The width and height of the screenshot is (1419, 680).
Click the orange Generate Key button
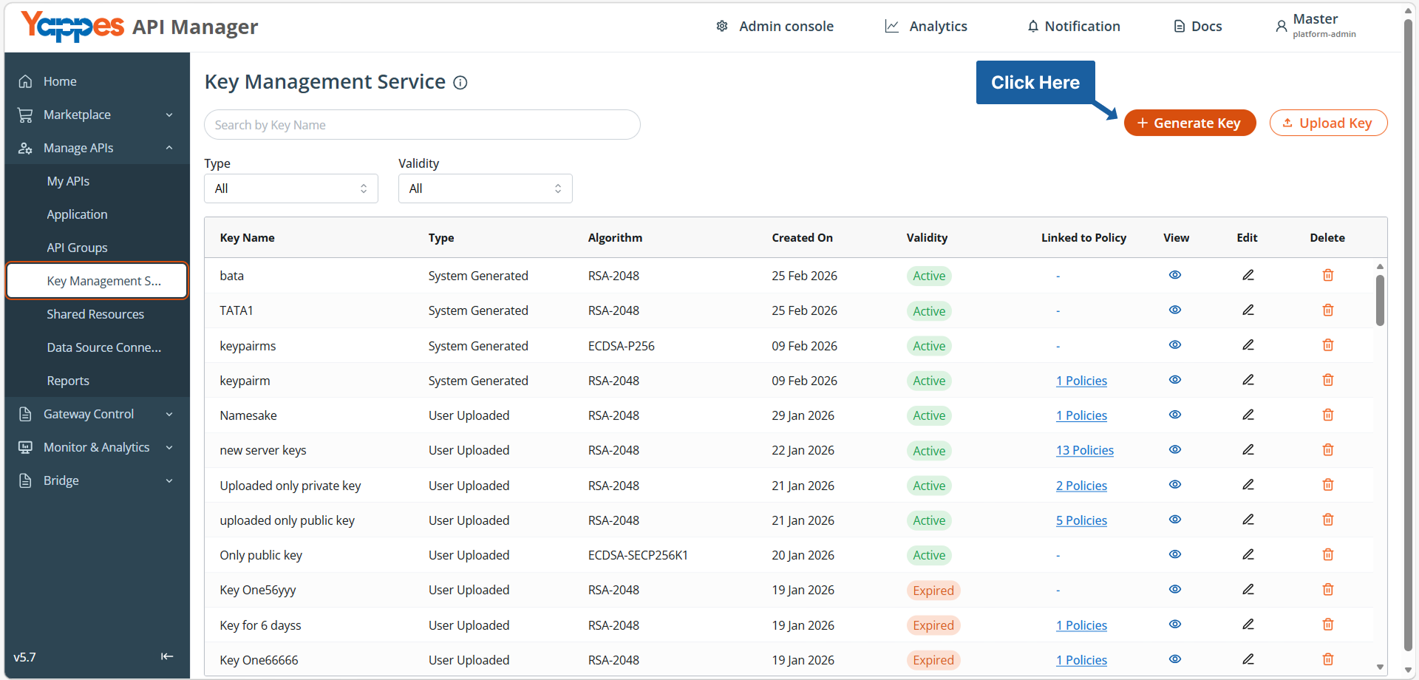(x=1189, y=123)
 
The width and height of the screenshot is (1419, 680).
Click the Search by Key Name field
(x=422, y=125)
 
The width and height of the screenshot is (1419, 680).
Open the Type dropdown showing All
(x=291, y=188)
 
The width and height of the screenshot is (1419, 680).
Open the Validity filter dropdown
(x=485, y=188)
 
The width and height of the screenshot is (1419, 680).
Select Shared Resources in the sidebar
(x=95, y=314)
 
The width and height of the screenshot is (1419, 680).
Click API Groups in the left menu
(x=77, y=248)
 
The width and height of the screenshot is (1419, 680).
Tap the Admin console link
(x=775, y=27)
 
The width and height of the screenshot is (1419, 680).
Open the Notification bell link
(x=1074, y=27)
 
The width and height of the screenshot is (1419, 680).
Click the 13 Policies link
(x=1085, y=450)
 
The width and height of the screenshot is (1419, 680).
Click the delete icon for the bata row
(x=1328, y=275)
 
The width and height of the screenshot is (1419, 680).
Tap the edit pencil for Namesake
(x=1248, y=415)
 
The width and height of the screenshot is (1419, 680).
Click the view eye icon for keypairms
(x=1175, y=345)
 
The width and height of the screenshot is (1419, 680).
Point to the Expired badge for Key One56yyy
(x=933, y=591)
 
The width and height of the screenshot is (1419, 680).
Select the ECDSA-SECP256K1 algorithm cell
(x=638, y=555)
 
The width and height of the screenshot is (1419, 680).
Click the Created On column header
(x=802, y=238)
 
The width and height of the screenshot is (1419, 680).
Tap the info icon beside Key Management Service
(x=460, y=83)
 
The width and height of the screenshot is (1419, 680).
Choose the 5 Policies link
(x=1081, y=520)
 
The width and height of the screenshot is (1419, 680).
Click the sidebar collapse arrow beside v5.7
(x=167, y=656)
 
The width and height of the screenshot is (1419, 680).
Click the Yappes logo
(x=72, y=27)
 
